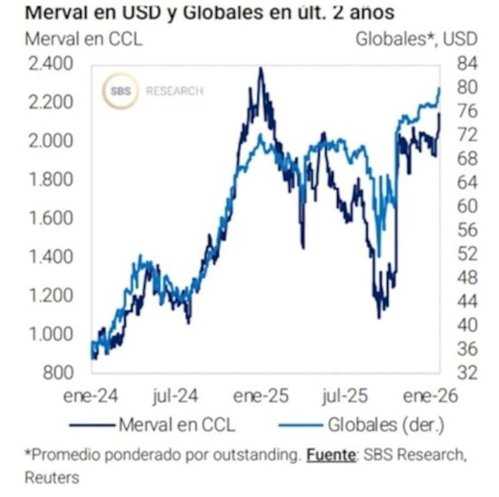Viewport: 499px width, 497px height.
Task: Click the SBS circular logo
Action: pyautogui.click(x=121, y=91)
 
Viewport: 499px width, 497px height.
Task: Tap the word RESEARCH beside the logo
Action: pyautogui.click(x=175, y=91)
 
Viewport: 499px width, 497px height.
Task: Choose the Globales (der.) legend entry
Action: pyautogui.click(x=385, y=425)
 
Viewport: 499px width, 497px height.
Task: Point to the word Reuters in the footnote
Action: pyautogui.click(x=52, y=477)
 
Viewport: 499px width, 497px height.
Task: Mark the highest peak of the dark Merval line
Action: pyautogui.click(x=261, y=69)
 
